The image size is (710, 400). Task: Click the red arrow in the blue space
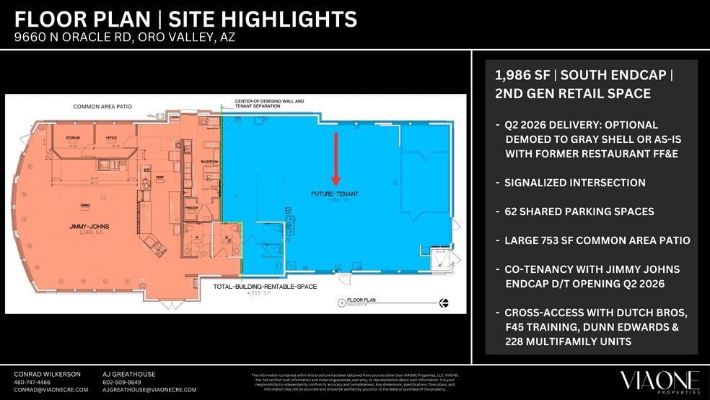[336, 159]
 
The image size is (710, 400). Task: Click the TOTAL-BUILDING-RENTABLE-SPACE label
[264, 287]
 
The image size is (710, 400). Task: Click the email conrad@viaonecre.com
[51, 390]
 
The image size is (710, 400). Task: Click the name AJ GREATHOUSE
[129, 374]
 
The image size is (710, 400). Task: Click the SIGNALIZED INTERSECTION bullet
[575, 183]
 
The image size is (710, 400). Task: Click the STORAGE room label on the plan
[73, 136]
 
